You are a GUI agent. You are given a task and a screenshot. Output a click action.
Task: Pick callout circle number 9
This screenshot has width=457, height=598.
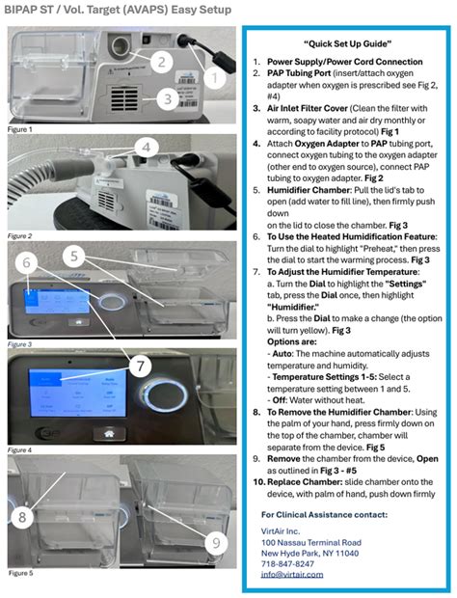tap(215, 542)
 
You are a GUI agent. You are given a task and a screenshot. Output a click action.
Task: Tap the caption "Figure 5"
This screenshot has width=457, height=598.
tap(20, 573)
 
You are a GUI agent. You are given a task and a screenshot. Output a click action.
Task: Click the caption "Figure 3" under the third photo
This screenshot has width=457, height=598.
tap(20, 343)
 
